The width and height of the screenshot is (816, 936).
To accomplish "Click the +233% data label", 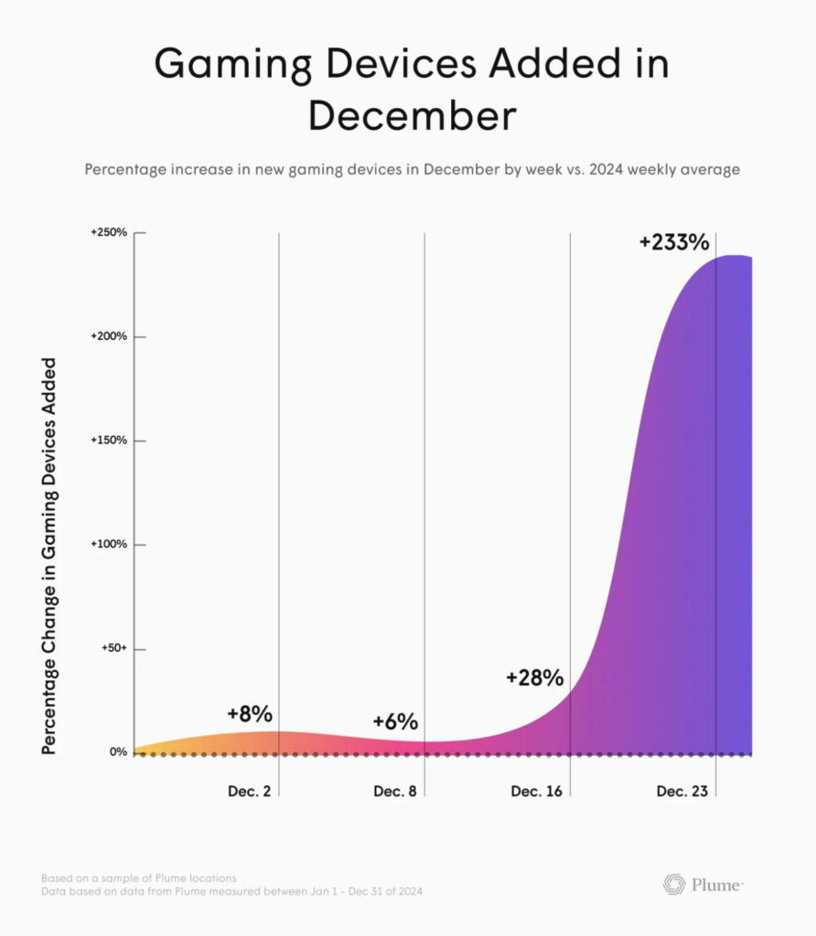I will click(x=674, y=242).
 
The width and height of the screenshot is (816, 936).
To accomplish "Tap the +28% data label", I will click(x=534, y=678).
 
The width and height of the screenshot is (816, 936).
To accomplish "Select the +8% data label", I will click(x=250, y=714).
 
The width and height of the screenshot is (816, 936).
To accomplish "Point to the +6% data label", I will click(x=395, y=721).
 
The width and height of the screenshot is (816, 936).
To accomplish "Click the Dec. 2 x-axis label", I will click(x=250, y=792).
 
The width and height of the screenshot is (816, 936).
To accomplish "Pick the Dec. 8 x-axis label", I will click(x=395, y=792).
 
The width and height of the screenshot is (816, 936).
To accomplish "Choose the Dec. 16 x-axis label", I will click(x=537, y=792).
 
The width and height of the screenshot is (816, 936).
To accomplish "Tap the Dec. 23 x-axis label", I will click(x=682, y=792).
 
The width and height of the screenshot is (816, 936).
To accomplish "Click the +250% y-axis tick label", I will click(x=108, y=233).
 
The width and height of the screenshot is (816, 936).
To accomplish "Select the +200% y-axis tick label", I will click(x=108, y=337).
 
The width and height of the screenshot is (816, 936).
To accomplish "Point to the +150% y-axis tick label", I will click(x=109, y=441).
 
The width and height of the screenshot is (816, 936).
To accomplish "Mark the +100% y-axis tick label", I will click(x=109, y=545).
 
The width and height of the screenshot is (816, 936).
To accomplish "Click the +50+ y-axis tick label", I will click(x=112, y=649).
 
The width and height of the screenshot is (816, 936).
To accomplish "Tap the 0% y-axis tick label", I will click(x=118, y=752).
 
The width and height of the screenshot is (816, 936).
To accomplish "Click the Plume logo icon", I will click(x=673, y=884).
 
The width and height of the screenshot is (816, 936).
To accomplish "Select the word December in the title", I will click(x=412, y=117).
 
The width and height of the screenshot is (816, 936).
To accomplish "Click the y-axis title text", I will click(x=48, y=557).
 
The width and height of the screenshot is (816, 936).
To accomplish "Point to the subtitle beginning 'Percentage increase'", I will click(x=412, y=170).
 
